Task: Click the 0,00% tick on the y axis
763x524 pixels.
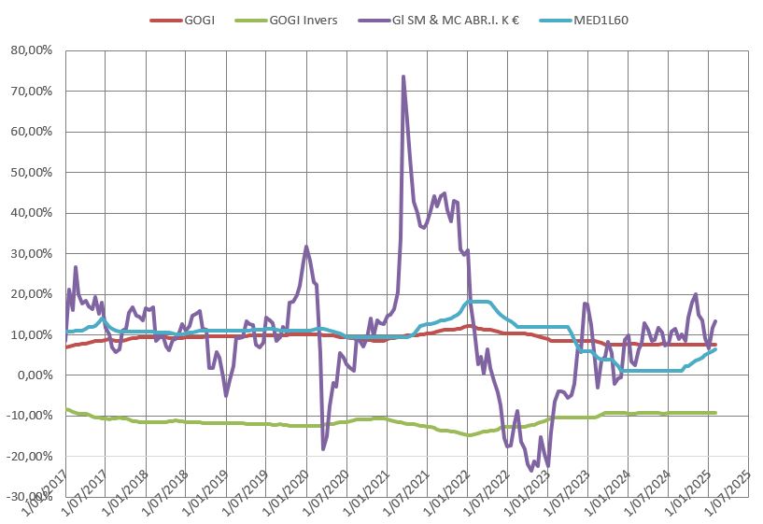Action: point(37,375)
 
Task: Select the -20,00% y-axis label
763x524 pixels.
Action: point(33,456)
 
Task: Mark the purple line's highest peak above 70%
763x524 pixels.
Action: point(403,77)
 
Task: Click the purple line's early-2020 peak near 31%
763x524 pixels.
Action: point(306,247)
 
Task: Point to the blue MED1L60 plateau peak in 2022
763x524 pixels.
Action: point(479,301)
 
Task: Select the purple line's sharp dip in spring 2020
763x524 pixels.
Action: point(323,449)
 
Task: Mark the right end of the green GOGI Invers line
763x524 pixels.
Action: point(715,413)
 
